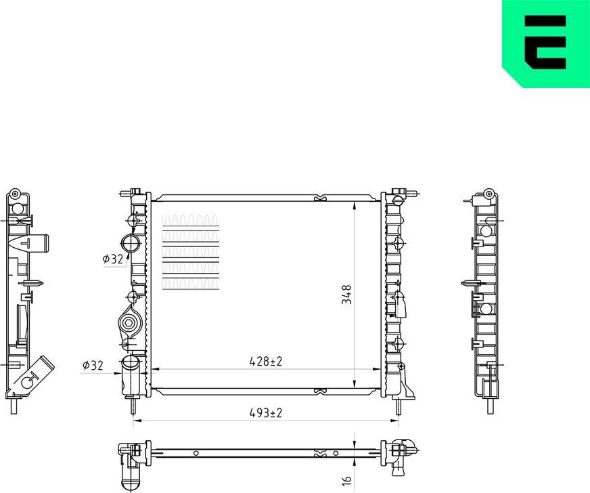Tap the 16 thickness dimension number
[346, 479]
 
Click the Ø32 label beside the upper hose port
[112, 258]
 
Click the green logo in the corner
[545, 43]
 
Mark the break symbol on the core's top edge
[320, 198]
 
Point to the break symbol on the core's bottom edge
[320, 391]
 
